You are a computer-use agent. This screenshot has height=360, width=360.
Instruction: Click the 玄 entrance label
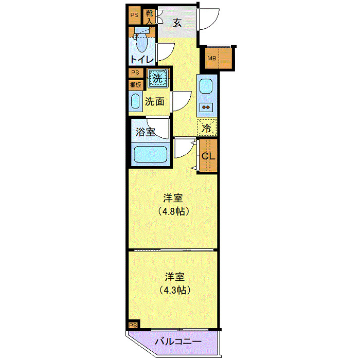click(177, 22)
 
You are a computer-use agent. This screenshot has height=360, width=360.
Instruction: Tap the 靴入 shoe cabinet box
click(150, 17)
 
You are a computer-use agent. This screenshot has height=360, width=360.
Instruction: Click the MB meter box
click(211, 58)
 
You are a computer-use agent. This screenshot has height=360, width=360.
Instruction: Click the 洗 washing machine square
click(158, 79)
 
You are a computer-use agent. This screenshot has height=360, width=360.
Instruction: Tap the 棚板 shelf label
click(136, 85)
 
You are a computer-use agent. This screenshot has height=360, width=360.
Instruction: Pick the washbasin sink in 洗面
click(136, 101)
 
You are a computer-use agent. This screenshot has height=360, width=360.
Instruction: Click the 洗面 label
click(154, 101)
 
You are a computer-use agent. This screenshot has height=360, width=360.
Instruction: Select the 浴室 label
click(145, 132)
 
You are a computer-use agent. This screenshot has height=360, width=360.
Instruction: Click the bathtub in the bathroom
click(150, 155)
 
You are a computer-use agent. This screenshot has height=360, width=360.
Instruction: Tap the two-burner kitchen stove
click(206, 107)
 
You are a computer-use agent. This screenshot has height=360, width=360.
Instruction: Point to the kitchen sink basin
click(206, 86)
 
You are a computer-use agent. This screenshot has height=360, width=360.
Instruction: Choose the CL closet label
click(208, 156)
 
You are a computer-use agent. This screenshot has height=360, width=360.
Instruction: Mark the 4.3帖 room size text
click(174, 290)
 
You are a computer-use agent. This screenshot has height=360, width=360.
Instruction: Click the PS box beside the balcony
click(133, 325)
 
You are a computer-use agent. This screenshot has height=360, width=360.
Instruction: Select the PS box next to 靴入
click(134, 15)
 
